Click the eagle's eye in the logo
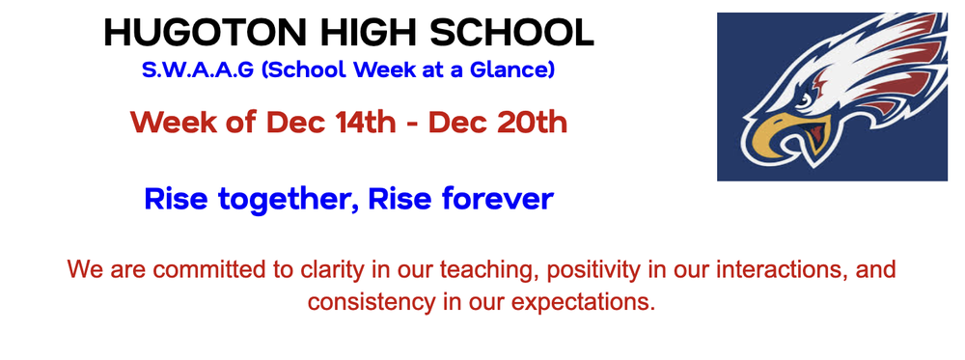click(806, 98)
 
